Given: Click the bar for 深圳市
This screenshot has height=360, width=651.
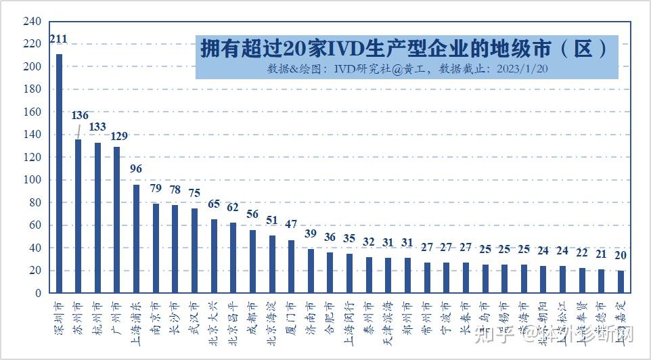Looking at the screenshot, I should click(x=59, y=173).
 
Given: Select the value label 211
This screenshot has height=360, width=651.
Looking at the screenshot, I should click(x=59, y=41).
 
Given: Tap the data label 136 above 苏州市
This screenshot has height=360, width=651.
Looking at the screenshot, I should click(x=80, y=116).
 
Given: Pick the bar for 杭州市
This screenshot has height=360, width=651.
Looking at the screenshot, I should click(x=97, y=217).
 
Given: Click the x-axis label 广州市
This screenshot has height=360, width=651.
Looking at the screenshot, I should click(x=117, y=314).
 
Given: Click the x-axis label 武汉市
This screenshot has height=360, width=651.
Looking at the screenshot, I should click(x=195, y=314).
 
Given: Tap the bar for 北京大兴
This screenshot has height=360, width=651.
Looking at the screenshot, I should click(x=214, y=256).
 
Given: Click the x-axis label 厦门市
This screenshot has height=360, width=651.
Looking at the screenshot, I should click(x=292, y=314).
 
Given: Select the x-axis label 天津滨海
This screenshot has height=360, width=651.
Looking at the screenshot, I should click(x=388, y=317).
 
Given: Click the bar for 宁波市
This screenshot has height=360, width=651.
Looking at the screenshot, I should click(x=447, y=277).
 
